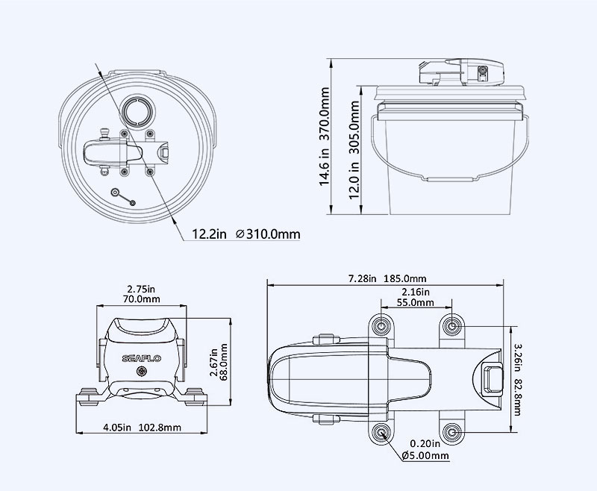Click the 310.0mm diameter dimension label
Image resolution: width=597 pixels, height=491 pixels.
pyautogui.click(x=268, y=234)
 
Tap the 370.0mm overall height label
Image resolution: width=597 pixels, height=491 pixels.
pyautogui.click(x=325, y=114)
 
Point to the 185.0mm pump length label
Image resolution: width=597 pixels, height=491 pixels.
pyautogui.click(x=404, y=278)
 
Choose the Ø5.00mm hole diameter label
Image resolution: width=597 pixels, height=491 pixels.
pyautogui.click(x=425, y=455)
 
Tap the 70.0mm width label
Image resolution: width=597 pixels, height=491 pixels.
pyautogui.click(x=141, y=298)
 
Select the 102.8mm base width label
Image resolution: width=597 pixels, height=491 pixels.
pyautogui.click(x=160, y=428)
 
